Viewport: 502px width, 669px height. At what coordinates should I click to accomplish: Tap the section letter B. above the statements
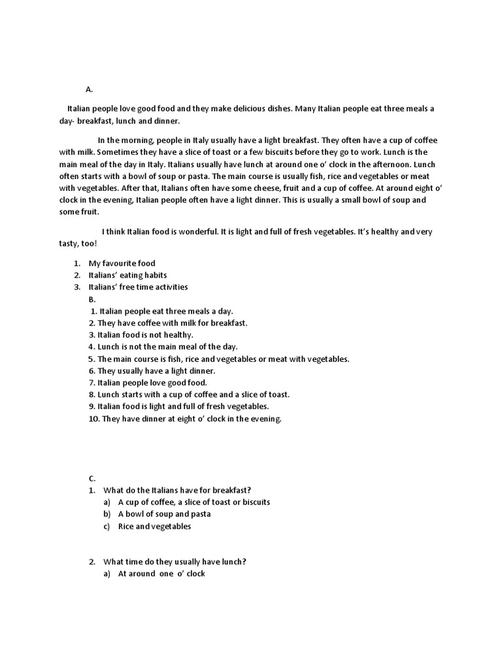(x=92, y=299)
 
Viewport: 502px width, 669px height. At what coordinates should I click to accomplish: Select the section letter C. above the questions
(x=92, y=478)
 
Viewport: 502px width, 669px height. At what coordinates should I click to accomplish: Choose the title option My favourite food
(x=122, y=263)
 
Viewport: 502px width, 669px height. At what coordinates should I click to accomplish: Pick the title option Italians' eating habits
(x=128, y=275)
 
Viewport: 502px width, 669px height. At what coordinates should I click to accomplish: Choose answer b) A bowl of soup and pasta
(x=164, y=514)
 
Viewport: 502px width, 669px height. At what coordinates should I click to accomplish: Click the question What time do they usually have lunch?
(x=175, y=562)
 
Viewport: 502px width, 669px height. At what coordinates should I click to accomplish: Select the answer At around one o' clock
(x=161, y=574)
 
